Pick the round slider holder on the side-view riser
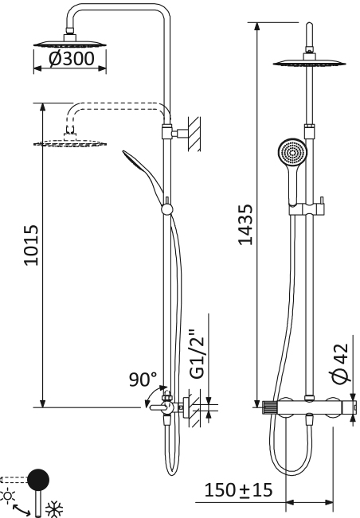(x=166, y=209)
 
